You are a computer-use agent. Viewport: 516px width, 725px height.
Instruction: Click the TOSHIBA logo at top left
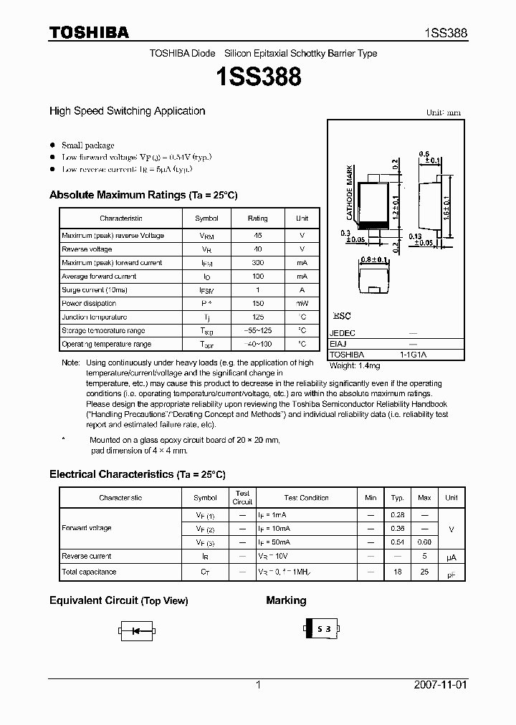click(89, 32)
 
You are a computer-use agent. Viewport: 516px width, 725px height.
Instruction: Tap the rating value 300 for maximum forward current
click(257, 263)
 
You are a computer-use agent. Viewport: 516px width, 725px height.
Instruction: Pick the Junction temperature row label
click(94, 317)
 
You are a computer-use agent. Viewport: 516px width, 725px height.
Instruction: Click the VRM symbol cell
click(206, 236)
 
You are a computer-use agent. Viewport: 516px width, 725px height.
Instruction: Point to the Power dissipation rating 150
click(257, 304)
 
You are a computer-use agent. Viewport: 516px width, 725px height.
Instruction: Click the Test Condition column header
click(306, 498)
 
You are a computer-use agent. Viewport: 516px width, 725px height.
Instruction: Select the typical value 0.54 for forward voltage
click(397, 542)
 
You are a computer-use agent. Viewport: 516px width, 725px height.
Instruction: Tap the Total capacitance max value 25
click(424, 572)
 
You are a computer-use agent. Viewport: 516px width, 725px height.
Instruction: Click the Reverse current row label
click(87, 556)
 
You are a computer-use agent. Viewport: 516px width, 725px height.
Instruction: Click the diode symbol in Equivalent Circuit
click(136, 631)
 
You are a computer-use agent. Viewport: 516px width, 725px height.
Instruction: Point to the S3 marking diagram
click(320, 629)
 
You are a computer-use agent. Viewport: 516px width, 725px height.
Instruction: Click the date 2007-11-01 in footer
click(440, 685)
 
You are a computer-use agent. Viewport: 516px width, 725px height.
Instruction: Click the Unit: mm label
click(444, 113)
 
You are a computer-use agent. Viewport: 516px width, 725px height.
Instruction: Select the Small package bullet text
click(87, 145)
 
